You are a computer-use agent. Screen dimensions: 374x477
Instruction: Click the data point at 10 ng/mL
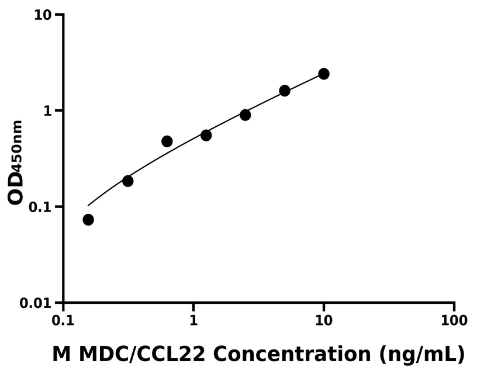324,74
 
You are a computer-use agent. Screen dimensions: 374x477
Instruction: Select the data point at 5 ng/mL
285,91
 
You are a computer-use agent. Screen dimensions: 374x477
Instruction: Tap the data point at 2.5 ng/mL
246,115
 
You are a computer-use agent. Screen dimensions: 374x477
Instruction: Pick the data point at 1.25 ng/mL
206,135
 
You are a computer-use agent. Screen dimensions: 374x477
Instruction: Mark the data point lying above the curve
167,141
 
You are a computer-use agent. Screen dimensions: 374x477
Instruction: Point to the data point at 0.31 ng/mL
128,181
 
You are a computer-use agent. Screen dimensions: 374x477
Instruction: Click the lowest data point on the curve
88,220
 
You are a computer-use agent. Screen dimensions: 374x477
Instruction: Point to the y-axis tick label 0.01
37,303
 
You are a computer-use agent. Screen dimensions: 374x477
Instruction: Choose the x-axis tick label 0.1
63,321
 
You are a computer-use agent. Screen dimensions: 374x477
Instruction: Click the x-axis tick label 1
193,321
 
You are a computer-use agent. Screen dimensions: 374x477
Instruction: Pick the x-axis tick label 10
324,321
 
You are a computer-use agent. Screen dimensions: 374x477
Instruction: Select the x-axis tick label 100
454,321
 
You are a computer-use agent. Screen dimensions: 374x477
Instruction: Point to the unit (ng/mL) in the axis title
421,354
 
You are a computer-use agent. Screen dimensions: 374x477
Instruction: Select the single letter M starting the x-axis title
61,354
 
